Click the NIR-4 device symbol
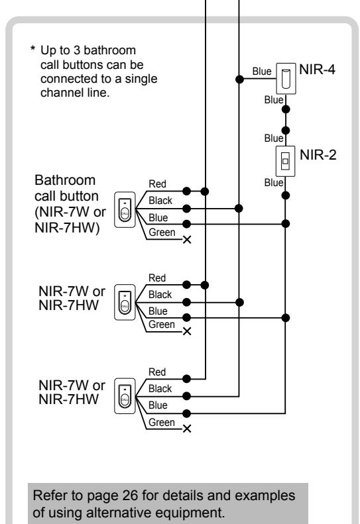pyautogui.click(x=286, y=79)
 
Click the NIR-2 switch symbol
pyautogui.click(x=285, y=161)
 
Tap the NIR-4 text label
pyautogui.click(x=317, y=70)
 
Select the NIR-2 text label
pyautogui.click(x=318, y=155)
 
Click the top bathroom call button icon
pyautogui.click(x=125, y=209)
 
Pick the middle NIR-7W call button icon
pyautogui.click(x=125, y=303)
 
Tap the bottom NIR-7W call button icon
pyautogui.click(x=125, y=396)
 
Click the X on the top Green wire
pyautogui.click(x=187, y=240)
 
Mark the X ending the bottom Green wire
pyautogui.click(x=187, y=429)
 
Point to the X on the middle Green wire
pyautogui.click(x=187, y=331)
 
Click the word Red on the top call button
pyautogui.click(x=157, y=183)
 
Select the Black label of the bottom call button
pyautogui.click(x=160, y=389)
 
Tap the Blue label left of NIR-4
pyautogui.click(x=262, y=71)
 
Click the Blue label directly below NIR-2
pyautogui.click(x=274, y=182)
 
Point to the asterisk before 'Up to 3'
pyautogui.click(x=32, y=49)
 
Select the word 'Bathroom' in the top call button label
pyautogui.click(x=65, y=180)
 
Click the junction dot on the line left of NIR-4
pyautogui.click(x=239, y=79)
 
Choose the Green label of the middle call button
pyautogui.click(x=162, y=325)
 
